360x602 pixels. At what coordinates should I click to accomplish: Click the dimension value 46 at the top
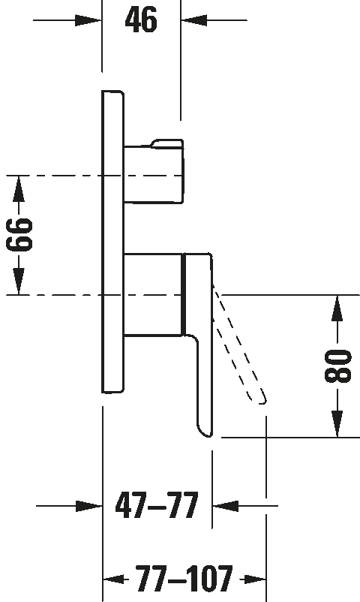pos(141,20)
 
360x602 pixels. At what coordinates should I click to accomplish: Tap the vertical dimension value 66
pos(19,235)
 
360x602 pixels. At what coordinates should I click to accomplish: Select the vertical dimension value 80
pos(337,366)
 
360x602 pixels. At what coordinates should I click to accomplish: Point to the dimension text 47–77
pos(157,505)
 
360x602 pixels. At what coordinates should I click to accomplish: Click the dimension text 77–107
pos(184,578)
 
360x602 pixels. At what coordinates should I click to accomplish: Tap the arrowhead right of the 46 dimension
pos(194,20)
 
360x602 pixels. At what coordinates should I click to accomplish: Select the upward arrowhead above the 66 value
pos(19,188)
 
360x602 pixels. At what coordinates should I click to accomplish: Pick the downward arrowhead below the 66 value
pos(19,281)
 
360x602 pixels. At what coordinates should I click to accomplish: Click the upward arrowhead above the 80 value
pos(337,309)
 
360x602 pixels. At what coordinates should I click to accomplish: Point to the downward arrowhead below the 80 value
pos(337,424)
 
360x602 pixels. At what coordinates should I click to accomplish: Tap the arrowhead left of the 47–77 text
pos(89,506)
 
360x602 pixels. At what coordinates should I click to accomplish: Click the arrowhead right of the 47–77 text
pos(225,506)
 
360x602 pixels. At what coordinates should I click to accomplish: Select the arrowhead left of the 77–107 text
pos(113,579)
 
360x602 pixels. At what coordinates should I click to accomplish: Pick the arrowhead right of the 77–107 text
pos(255,579)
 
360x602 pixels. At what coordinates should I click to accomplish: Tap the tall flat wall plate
pos(112,242)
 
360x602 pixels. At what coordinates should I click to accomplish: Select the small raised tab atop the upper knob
pos(167,143)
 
